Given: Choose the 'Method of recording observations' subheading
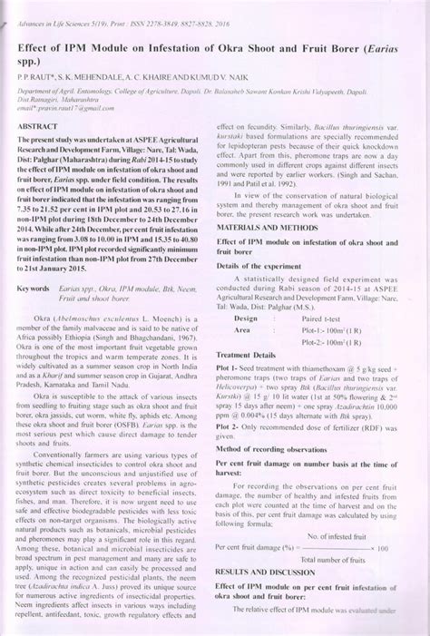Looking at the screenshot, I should (270, 449).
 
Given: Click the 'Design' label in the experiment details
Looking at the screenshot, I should (246, 318).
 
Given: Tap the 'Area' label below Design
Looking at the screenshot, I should (242, 331).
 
